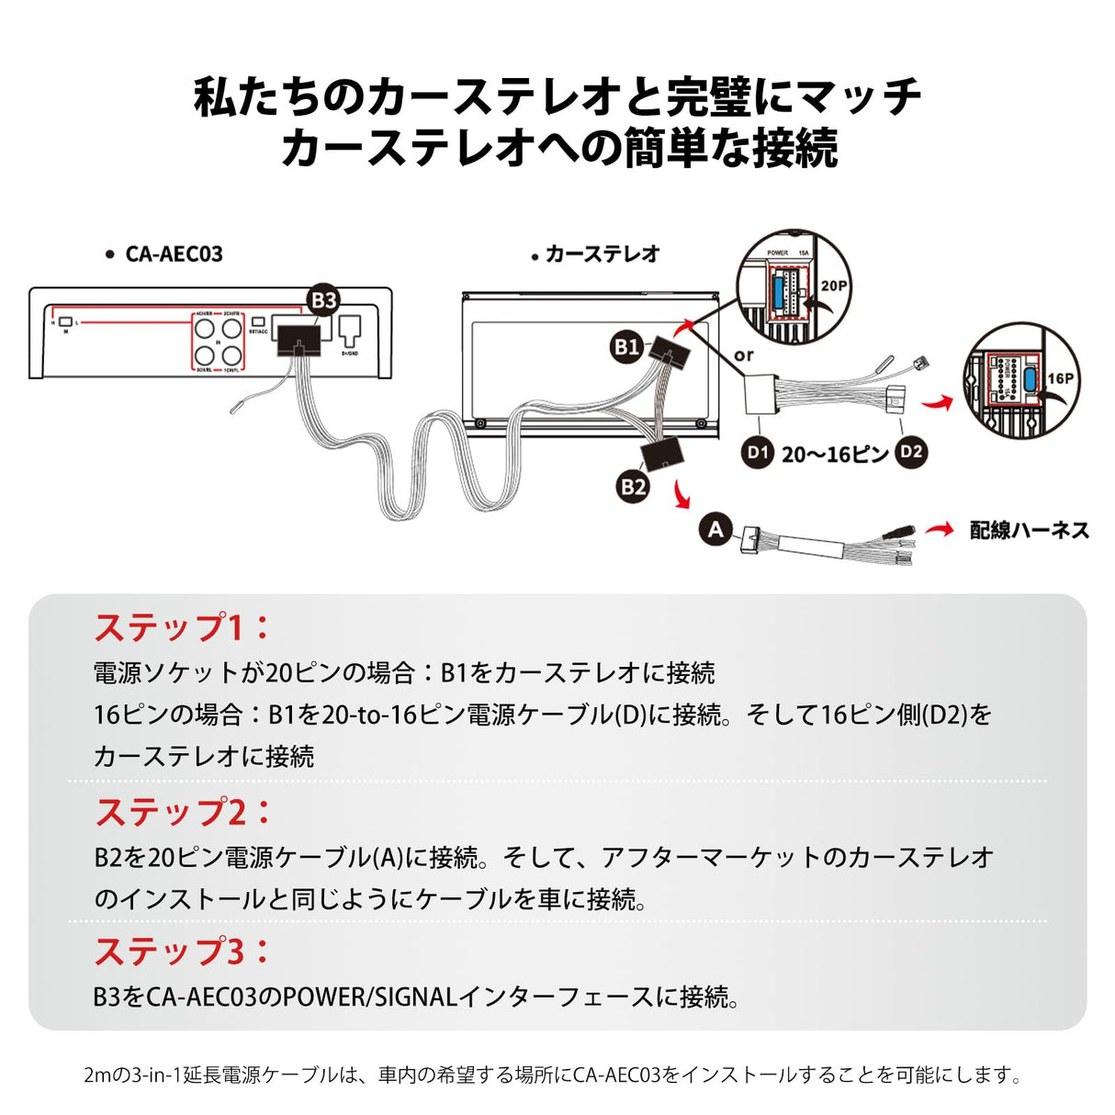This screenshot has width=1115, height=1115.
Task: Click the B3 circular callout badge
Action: (323, 300)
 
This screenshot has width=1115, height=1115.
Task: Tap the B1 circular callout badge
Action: (626, 346)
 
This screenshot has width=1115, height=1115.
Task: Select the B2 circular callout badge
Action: (633, 487)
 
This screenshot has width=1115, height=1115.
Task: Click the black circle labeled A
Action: (715, 529)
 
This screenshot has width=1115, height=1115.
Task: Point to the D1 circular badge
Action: (757, 452)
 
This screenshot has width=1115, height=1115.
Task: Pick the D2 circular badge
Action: (910, 452)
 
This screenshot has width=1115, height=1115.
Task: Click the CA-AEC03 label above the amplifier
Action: (174, 254)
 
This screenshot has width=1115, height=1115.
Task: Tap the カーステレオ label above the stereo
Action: (602, 254)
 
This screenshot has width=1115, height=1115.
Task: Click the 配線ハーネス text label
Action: (1030, 530)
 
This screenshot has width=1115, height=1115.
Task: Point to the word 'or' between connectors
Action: (744, 355)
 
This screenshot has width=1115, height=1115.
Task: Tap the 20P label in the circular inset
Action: (833, 286)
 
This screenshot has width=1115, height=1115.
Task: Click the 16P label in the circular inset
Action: (1060, 377)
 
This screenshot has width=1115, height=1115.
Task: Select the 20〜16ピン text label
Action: (835, 454)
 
